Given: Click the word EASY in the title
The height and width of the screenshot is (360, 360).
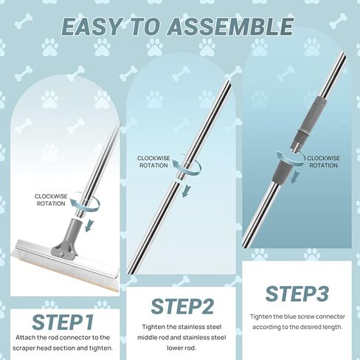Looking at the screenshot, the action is click(x=91, y=27).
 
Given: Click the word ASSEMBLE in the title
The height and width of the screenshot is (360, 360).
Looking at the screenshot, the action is click(x=231, y=27).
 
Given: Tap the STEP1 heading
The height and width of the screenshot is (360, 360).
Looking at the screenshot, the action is click(x=63, y=322).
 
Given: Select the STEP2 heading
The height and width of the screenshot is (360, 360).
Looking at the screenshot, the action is click(x=182, y=306).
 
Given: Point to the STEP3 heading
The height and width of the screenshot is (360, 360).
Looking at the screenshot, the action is click(x=297, y=294).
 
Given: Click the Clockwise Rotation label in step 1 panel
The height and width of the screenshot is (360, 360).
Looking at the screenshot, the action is click(x=51, y=200).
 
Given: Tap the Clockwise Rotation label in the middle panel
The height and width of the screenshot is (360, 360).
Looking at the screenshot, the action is click(x=153, y=162).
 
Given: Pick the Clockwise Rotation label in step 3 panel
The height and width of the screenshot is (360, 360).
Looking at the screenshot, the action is click(x=323, y=162).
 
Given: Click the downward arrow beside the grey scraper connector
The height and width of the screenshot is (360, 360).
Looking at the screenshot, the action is click(x=89, y=225).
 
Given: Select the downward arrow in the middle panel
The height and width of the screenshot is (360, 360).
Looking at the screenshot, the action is click(x=186, y=190).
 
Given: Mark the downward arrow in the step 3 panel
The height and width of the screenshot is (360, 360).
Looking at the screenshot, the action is click(x=294, y=177).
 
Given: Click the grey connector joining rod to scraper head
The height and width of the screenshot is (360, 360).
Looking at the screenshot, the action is click(x=68, y=238).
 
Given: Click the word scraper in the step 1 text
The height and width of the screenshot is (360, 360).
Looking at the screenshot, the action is click(x=24, y=348).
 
